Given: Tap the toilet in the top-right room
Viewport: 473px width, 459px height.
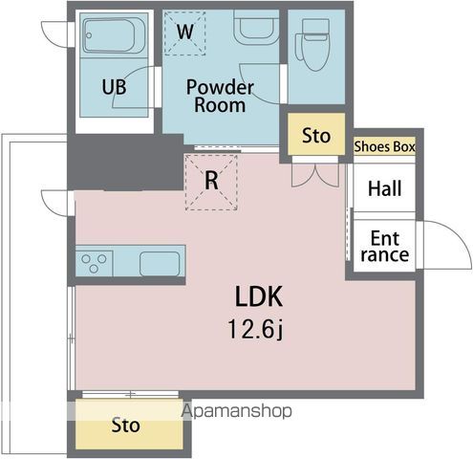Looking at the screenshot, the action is click(313, 44).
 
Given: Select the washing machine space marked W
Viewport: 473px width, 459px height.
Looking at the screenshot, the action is click(185, 33).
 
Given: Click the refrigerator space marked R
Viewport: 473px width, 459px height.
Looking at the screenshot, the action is click(211, 183).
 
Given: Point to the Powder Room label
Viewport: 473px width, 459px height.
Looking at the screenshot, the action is click(220, 96).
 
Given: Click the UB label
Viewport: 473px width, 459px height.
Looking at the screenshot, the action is click(114, 87).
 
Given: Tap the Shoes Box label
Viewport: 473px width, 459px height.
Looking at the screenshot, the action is click(385, 146).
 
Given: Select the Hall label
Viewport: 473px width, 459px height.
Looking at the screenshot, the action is click(384, 188).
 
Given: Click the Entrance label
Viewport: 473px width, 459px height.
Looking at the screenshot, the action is click(385, 247).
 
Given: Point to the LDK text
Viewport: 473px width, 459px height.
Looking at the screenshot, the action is click(259, 296).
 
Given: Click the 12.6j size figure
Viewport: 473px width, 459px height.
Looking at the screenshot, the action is click(255, 329).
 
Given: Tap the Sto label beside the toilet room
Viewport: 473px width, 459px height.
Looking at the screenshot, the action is click(316, 136).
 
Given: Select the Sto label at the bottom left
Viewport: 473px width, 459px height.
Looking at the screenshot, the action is click(125, 426).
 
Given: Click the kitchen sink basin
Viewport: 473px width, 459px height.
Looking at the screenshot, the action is click(160, 264).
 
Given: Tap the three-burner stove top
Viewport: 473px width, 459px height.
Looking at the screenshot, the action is click(94, 263).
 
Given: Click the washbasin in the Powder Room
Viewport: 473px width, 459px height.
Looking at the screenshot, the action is click(256, 27).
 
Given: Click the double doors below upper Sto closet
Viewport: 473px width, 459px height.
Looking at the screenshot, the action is click(315, 175).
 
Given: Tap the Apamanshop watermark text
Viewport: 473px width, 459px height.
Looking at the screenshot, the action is click(236, 411).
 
